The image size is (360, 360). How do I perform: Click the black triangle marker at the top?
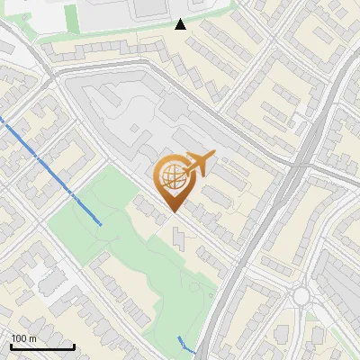180,24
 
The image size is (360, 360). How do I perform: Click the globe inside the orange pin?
171,177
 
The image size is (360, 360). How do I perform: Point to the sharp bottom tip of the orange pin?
172,211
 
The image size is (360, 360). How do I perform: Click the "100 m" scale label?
23,338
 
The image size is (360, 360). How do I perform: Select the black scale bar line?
42,346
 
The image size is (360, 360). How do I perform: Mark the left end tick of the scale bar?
12,346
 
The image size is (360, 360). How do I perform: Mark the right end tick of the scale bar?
74,346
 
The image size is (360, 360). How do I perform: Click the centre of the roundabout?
301,296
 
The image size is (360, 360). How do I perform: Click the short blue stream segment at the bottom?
185,344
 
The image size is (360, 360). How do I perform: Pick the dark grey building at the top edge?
150,8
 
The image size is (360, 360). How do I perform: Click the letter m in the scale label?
31,338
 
